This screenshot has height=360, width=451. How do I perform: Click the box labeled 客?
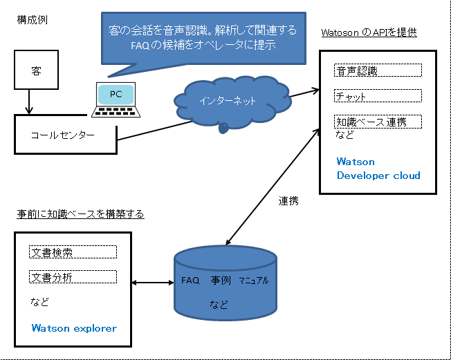pyautogui.click(x=36, y=70)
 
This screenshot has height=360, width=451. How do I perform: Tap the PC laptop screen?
pyautogui.click(x=116, y=95)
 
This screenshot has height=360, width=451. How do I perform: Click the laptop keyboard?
pyautogui.click(x=116, y=112)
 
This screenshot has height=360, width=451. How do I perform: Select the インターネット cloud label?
pyautogui.click(x=228, y=101)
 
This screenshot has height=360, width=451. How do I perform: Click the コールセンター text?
pyautogui.click(x=63, y=135)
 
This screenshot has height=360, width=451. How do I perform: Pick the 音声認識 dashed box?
pyautogui.click(x=378, y=70)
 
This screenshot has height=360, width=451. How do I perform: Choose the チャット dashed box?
pyautogui.click(x=378, y=95)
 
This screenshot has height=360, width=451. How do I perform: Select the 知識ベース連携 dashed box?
pyautogui.click(x=378, y=122)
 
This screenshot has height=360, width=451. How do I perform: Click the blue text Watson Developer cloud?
pyautogui.click(x=378, y=169)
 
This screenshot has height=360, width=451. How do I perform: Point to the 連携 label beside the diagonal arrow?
pyautogui.click(x=288, y=201)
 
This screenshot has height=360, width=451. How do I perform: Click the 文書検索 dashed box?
pyautogui.click(x=73, y=252)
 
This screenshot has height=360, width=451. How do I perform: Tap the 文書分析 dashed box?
pyautogui.click(x=73, y=276)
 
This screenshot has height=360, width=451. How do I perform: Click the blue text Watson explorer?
pyautogui.click(x=74, y=328)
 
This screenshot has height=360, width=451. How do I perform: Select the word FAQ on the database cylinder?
pyautogui.click(x=190, y=281)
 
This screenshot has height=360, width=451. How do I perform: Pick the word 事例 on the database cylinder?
pyautogui.click(x=221, y=280)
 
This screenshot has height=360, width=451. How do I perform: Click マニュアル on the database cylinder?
pyautogui.click(x=254, y=281)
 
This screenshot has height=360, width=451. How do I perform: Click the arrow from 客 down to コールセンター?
pyautogui.click(x=29, y=102)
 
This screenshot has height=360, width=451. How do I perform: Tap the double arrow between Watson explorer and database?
pyautogui.click(x=153, y=283)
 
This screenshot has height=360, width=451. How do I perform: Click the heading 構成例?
pyautogui.click(x=33, y=21)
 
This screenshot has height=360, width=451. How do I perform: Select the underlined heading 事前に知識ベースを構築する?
pyautogui.click(x=80, y=214)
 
